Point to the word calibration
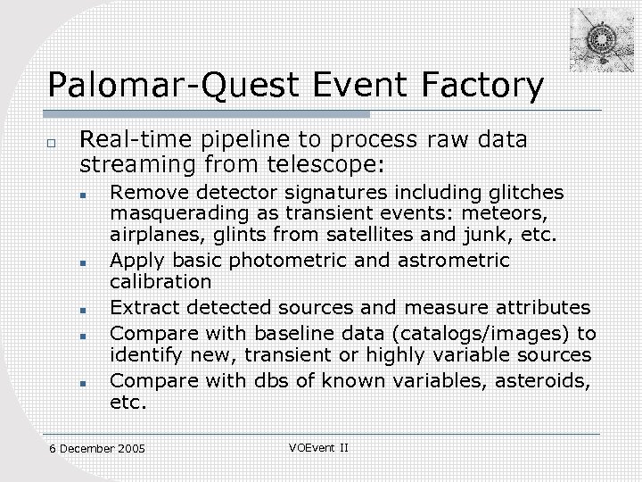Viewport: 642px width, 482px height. pyautogui.click(x=160, y=282)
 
